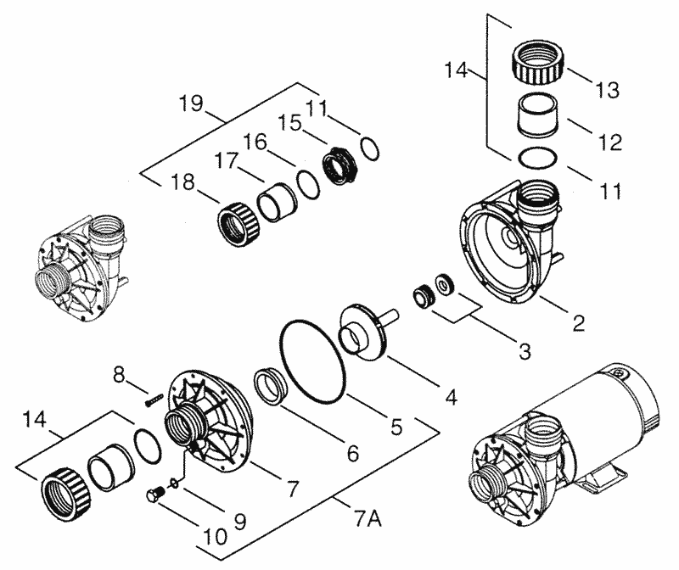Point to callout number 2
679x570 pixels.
(x=578, y=323)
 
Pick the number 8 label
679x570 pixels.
(x=120, y=373)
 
